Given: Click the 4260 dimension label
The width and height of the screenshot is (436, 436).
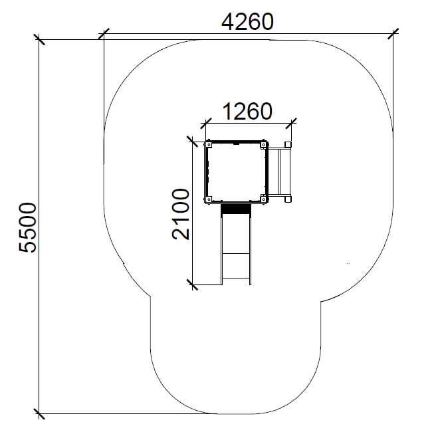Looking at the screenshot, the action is click(x=247, y=22).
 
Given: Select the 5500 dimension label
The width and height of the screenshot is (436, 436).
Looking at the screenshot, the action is click(x=27, y=228).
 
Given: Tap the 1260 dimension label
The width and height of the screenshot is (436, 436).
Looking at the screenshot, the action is click(x=247, y=111).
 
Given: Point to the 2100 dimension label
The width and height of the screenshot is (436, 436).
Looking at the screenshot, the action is click(x=181, y=214).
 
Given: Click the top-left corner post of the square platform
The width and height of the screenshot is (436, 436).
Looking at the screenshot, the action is click(x=209, y=145).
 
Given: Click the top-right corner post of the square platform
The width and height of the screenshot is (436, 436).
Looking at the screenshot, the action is click(x=263, y=145).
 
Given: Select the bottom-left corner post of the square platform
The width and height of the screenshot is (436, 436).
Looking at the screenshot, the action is click(x=209, y=199).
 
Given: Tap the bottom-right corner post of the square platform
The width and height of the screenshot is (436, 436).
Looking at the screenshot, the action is click(x=263, y=199).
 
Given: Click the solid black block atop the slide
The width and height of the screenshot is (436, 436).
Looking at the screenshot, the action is click(x=236, y=209).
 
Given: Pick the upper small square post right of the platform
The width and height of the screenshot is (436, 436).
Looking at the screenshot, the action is click(x=288, y=145).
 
